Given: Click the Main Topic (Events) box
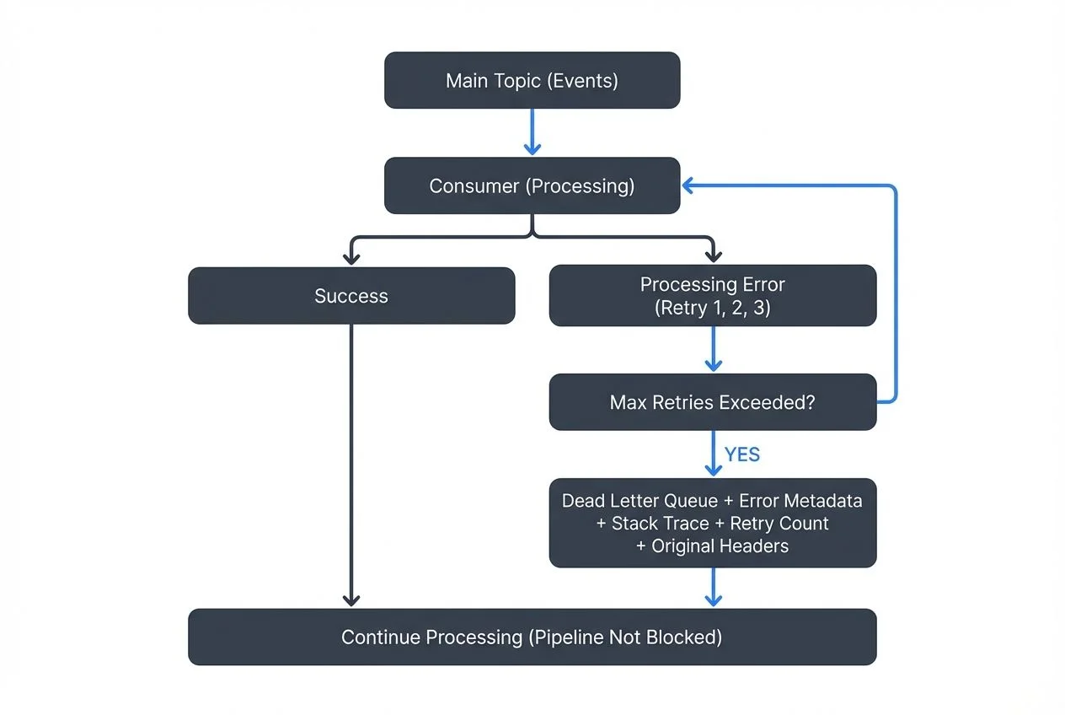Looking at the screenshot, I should coord(532,80).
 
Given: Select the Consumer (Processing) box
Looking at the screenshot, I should coord(532,185).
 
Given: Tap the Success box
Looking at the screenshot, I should coord(351,296).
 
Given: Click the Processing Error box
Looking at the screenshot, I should coord(712,296).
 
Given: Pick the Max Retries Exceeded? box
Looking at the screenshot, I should coord(712,402).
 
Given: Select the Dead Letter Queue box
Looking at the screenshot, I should coord(712,523).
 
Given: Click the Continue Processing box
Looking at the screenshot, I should coord(532,637).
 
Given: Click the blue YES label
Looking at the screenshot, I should coord(741,455).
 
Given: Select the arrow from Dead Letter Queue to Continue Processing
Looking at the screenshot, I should coord(713,587).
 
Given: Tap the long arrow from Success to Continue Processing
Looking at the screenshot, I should coord(351,464).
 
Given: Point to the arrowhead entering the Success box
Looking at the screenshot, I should coord(351,255).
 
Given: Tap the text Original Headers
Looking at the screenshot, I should coord(720,546).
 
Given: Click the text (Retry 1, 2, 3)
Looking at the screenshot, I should coord(712,308).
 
